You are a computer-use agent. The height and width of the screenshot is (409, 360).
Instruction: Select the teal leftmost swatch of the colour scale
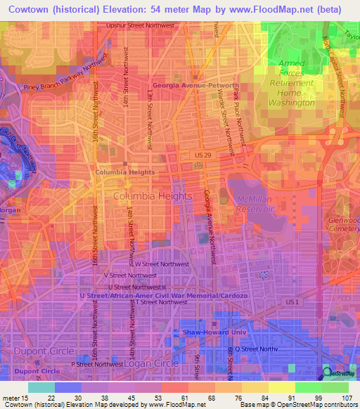[41, 387]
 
